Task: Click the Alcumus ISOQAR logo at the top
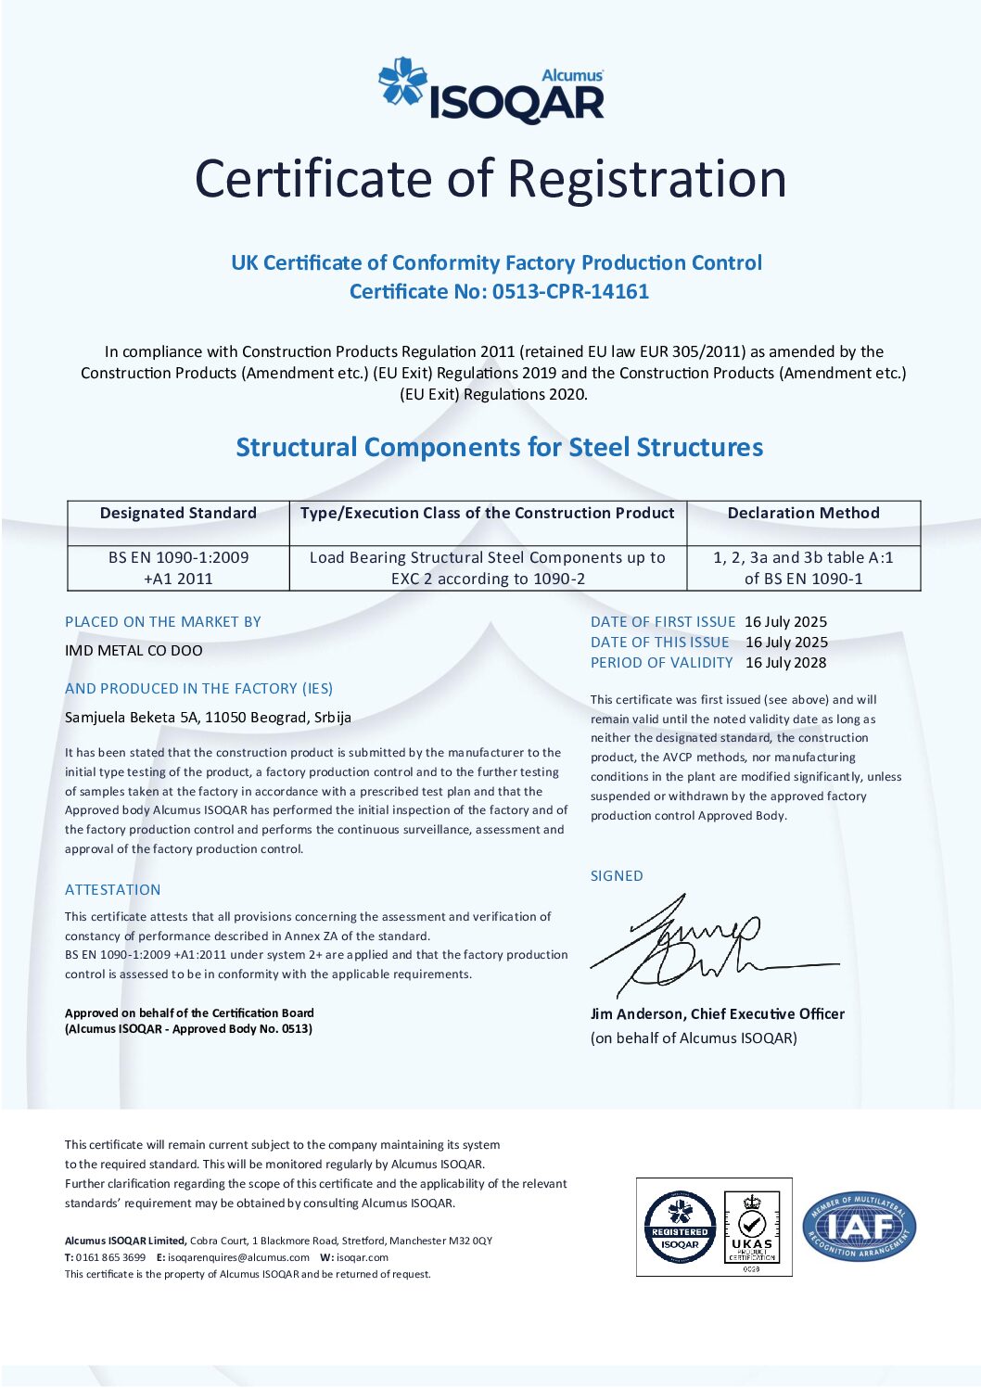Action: pos(491,91)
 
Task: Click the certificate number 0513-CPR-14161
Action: pos(570,291)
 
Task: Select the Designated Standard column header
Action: pos(178,513)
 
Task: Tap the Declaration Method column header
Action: pos(803,513)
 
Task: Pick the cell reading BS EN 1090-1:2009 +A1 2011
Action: pos(178,567)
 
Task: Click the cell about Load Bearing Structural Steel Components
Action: pos(488,567)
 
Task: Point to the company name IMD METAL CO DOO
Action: pos(134,650)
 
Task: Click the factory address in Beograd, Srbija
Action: pos(208,717)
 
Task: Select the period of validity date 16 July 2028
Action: pos(785,662)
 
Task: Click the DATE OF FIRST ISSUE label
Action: pos(663,621)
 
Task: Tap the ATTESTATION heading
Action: pos(113,889)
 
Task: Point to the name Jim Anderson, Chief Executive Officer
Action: pos(717,1013)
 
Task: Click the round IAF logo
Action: pos(859,1227)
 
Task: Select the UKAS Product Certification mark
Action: pos(752,1228)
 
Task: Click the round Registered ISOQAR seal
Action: pos(680,1228)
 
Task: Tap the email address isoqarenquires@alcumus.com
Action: pos(239,1257)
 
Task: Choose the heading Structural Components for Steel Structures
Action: pos(499,447)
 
